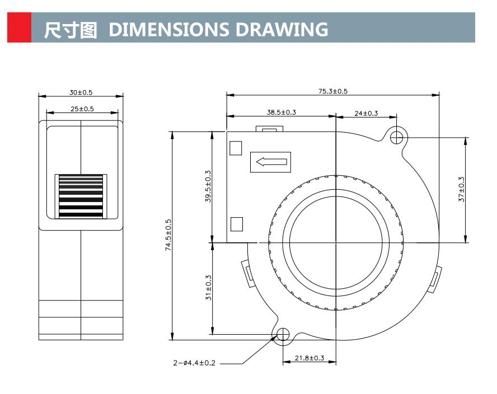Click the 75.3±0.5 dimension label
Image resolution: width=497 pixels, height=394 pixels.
pos(333,91)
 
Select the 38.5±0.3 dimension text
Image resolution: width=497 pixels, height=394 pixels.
pos(281,112)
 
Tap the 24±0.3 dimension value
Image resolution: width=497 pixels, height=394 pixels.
pos(366,113)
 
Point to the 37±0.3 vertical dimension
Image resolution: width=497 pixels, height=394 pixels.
pos(462,189)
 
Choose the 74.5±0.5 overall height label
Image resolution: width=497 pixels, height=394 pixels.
pos(168,235)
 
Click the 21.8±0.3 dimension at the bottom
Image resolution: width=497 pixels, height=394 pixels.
pos(309,358)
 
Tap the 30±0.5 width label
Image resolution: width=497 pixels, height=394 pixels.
pos(81,92)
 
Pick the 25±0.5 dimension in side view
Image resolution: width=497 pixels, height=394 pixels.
pos(82,109)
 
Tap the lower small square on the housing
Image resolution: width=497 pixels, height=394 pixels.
pos(236,224)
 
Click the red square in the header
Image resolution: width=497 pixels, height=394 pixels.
pos(19,29)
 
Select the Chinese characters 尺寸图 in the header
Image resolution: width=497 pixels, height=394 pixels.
pos(71,30)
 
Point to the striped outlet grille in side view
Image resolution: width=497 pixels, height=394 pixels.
pos(81,196)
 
